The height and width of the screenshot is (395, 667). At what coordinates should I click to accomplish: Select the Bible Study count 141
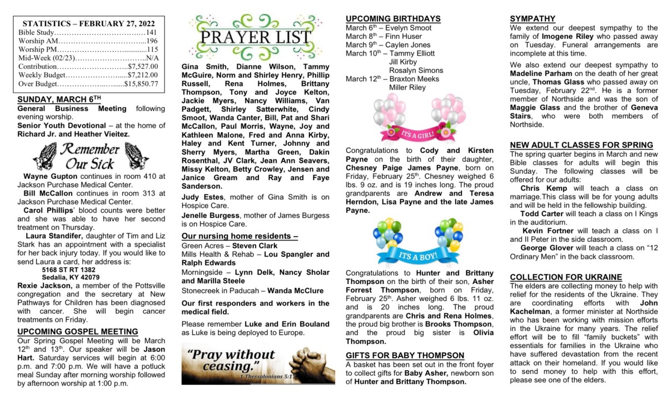click(x=151, y=33)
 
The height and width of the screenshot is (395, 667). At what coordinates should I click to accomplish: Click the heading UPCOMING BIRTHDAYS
click(x=393, y=18)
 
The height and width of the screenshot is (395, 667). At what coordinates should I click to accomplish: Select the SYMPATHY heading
click(x=532, y=18)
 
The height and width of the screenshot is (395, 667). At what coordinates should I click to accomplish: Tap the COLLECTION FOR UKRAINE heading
click(x=566, y=277)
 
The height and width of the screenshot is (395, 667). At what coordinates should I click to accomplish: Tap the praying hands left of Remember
click(x=45, y=156)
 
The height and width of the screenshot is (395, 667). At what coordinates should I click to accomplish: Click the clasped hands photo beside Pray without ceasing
click(x=312, y=363)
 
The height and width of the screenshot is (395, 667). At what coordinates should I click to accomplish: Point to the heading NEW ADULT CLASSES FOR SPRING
click(x=581, y=145)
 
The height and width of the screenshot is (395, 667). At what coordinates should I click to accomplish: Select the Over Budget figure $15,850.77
click(x=141, y=84)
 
